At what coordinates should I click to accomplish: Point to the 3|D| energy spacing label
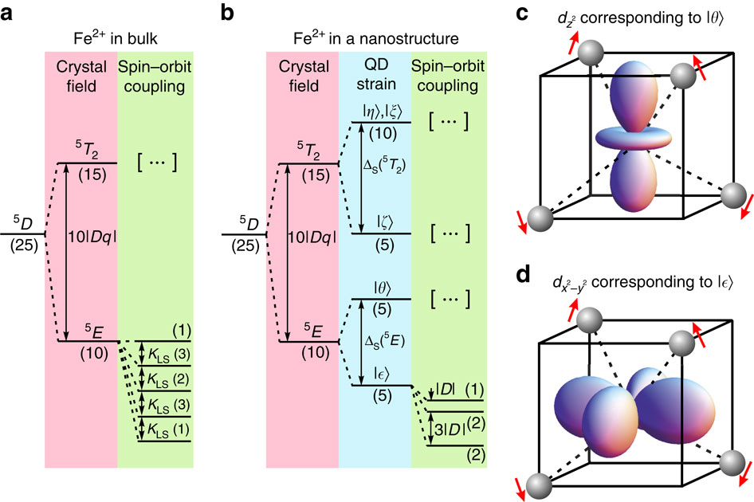[x=443, y=428]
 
